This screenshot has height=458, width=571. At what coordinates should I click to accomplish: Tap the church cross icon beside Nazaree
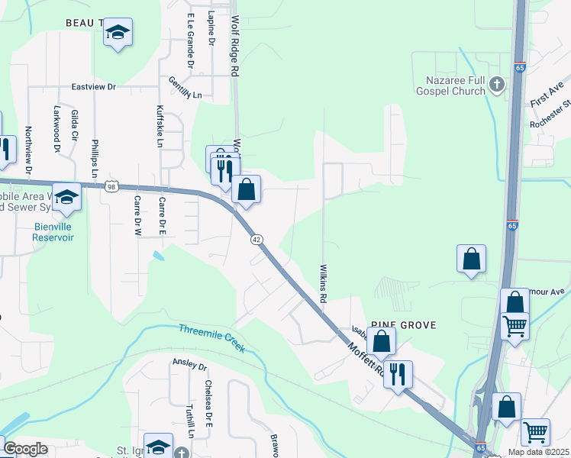tap(497, 84)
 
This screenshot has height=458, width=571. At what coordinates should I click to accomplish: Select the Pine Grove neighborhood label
tap(404, 325)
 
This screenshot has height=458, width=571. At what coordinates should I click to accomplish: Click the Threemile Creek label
tap(212, 338)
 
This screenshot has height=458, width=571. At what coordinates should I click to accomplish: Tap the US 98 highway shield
tap(112, 186)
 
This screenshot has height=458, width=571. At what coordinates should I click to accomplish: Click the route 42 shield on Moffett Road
tap(257, 239)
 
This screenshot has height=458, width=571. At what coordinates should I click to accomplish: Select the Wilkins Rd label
tap(323, 283)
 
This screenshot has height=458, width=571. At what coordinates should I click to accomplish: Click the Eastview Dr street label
tap(93, 87)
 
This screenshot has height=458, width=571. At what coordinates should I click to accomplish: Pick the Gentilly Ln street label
tap(185, 90)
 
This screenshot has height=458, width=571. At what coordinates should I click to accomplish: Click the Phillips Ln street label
tap(95, 158)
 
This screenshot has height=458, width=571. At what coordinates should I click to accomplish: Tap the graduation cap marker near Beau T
tap(118, 33)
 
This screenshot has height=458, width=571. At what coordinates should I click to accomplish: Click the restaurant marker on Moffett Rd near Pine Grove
tap(398, 374)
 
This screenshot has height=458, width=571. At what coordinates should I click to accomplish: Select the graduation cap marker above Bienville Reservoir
tap(66, 198)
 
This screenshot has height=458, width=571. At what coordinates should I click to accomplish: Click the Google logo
tap(25, 449)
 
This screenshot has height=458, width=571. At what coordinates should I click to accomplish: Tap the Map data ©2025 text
tap(538, 452)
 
